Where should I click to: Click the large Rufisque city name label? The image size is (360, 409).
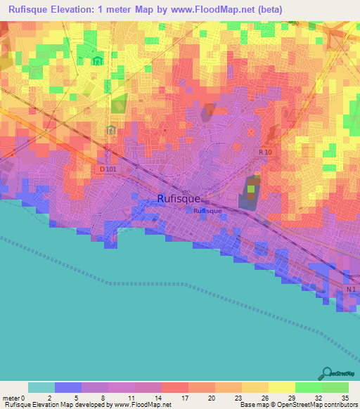click(x=179, y=199)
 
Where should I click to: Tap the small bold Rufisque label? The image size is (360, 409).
click(x=207, y=211)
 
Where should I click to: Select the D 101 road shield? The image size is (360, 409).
click(x=107, y=169)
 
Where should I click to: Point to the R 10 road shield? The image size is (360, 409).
click(x=265, y=152)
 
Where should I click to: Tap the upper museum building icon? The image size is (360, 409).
click(x=97, y=62)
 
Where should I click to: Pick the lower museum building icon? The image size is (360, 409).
click(x=110, y=129)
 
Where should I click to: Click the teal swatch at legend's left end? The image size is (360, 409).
click(x=41, y=387)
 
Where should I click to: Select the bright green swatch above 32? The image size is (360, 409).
click(x=308, y=387)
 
